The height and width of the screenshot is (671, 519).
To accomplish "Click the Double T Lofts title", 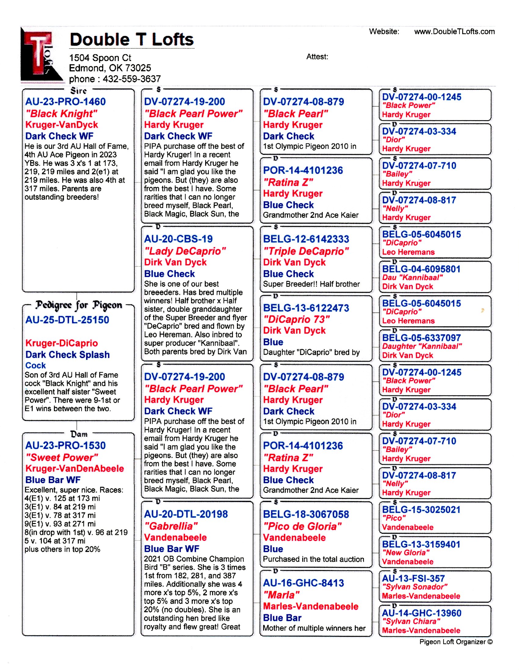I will pyautogui.click(x=132, y=40).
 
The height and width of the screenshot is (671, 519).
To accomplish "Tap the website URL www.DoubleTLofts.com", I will pyautogui.click(x=454, y=32).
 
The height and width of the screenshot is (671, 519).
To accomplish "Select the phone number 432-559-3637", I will pyautogui.click(x=132, y=79).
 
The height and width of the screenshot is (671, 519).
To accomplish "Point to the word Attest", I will pyautogui.click(x=317, y=57).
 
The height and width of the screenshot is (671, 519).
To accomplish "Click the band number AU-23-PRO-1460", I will pyautogui.click(x=66, y=102).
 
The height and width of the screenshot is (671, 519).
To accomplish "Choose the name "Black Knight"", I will pyautogui.click(x=61, y=114).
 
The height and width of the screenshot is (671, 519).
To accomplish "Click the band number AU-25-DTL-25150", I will pyautogui.click(x=67, y=320).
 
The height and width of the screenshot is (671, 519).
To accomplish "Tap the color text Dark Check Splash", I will pyautogui.click(x=68, y=354).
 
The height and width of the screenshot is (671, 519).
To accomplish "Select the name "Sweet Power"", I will pyautogui.click(x=62, y=457).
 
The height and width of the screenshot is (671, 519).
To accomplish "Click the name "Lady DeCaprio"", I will pyautogui.click(x=185, y=251).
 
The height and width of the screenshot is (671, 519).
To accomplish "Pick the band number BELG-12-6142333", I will pyautogui.click(x=306, y=239).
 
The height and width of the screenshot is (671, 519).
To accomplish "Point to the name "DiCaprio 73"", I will pyautogui.click(x=296, y=319).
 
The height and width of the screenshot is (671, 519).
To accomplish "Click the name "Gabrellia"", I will pyautogui.click(x=171, y=526).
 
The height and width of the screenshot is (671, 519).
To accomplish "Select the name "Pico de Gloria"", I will pyautogui.click(x=303, y=526).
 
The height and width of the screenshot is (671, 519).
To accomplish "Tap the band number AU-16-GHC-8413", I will pyautogui.click(x=303, y=583).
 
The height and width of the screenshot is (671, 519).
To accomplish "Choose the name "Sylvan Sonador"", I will pyautogui.click(x=415, y=587).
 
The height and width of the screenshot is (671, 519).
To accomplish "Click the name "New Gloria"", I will pyautogui.click(x=405, y=552).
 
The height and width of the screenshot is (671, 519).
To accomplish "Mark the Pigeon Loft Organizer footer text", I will pyautogui.click(x=456, y=642).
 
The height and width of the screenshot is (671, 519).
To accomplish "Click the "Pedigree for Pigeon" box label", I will pyautogui.click(x=79, y=305).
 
